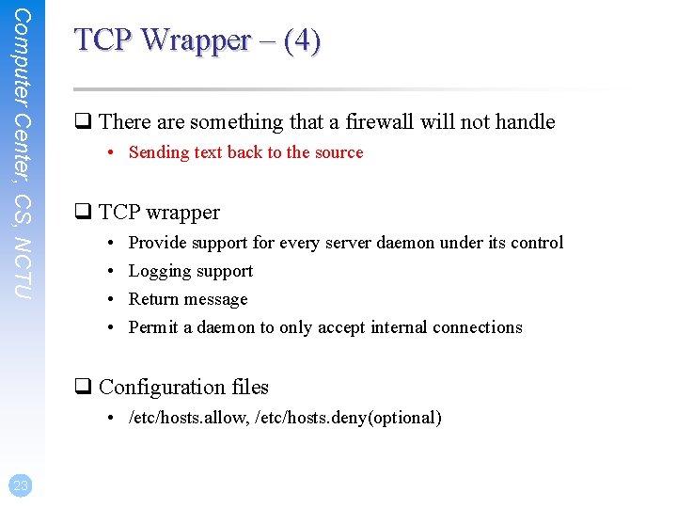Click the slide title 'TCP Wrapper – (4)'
tap(197, 40)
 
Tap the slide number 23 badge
tap(21, 485)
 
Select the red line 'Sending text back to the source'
tap(245, 152)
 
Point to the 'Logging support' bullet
tap(191, 271)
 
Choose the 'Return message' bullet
tap(188, 299)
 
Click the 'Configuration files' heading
tap(183, 388)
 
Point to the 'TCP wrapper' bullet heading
tap(159, 213)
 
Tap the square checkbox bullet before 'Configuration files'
tap(83, 388)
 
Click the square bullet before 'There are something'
tap(83, 122)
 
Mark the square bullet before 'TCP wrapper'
tap(83, 213)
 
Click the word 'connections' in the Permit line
tap(477, 327)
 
